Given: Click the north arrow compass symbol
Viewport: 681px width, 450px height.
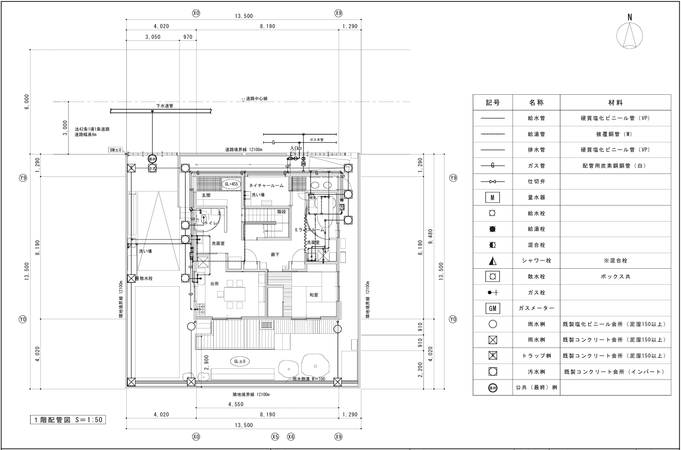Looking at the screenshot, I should coord(630,35).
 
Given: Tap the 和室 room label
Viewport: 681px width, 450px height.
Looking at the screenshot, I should coord(314,295).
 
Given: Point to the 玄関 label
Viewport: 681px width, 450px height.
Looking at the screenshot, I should coord(206,195).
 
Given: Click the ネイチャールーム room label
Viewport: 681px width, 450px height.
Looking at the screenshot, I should coord(266,186).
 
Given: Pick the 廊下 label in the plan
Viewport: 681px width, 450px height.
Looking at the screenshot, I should coord(275,254).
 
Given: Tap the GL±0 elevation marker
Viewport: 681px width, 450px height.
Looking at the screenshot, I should coord(241,362).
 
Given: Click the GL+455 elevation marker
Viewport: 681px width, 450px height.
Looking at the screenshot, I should coord(231,184).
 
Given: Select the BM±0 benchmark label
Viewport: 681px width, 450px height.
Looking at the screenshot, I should coord(116,151).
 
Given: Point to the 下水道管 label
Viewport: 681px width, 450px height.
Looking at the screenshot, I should coord(164,105).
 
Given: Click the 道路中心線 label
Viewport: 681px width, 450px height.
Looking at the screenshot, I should coord(256,99).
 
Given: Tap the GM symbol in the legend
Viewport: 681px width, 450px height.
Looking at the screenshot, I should coord(493,308).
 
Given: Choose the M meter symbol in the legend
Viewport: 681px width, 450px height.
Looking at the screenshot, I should coord(493,198).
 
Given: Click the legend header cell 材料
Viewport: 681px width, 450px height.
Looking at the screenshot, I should coord(615,103).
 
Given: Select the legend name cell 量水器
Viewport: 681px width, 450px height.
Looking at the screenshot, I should coord(536,198).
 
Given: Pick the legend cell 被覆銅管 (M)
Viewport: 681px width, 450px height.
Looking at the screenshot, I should coord(615,134).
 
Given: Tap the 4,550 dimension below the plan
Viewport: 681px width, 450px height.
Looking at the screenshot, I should coord(236,404).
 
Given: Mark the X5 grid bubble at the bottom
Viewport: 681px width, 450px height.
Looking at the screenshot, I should coord(275,437).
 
